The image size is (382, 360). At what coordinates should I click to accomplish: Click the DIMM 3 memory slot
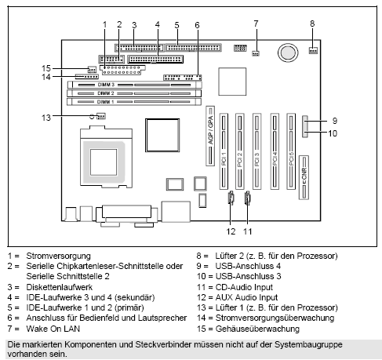(133, 84)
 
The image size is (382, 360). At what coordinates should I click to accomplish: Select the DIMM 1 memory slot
(133, 102)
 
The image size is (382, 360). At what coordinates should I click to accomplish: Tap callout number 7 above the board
(256, 24)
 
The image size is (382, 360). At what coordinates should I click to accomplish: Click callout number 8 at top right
(312, 24)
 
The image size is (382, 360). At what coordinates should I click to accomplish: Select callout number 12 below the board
(230, 232)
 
